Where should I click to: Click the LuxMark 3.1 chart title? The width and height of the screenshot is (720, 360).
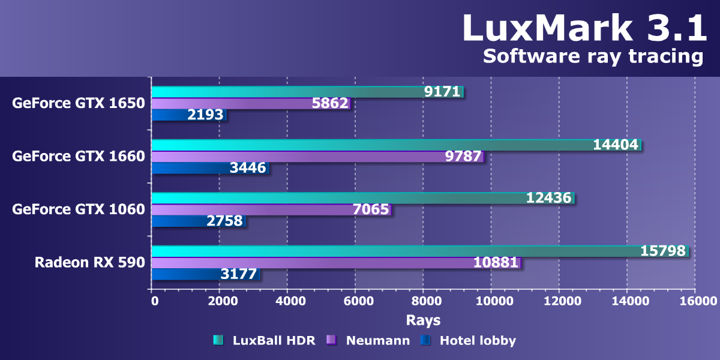(584, 28)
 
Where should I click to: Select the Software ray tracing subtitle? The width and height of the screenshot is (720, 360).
(592, 56)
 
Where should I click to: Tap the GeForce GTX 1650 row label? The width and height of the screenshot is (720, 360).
(79, 103)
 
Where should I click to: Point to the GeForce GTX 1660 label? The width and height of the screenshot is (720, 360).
(79, 156)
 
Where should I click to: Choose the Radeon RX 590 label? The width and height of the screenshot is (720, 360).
(90, 262)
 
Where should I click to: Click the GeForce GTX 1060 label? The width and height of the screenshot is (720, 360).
(79, 209)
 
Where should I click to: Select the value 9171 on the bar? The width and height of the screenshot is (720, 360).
(442, 92)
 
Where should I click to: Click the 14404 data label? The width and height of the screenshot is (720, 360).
(616, 145)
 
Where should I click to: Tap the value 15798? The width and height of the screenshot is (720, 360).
(663, 251)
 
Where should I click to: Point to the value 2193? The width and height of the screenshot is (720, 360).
(205, 115)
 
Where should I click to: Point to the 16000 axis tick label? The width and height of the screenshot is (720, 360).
(695, 301)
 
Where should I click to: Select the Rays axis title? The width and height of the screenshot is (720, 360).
(423, 319)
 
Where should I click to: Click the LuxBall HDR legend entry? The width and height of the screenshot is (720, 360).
(265, 341)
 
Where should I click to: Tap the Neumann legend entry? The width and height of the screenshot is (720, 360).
(368, 341)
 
